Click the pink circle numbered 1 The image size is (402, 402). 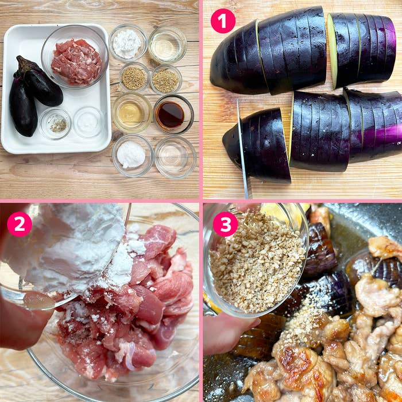[x=223, y=21]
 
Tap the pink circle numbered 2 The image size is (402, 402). [x=20, y=225]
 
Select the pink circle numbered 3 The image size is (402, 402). [x=225, y=225]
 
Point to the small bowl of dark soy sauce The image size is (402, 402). [x=173, y=114]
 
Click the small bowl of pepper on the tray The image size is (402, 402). [x=56, y=123]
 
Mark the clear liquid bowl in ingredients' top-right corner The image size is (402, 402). [x=167, y=44]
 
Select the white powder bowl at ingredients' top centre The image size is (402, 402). [x=127, y=43]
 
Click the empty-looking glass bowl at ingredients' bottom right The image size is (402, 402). [x=175, y=156]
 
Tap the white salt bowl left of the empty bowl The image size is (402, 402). [x=132, y=154]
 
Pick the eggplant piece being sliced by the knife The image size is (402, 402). [x=261, y=144]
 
